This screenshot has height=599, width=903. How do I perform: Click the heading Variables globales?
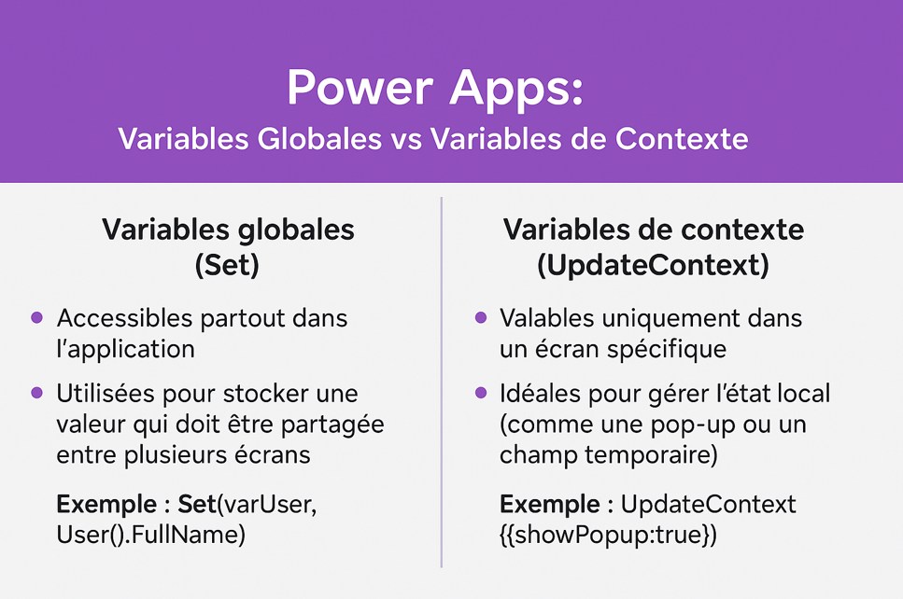[x=228, y=229]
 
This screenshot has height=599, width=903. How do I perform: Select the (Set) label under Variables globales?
[x=228, y=265]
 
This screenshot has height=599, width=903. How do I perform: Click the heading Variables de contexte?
[x=653, y=229]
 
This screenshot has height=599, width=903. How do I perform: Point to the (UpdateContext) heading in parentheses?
[x=653, y=265]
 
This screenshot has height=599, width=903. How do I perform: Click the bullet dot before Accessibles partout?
[x=36, y=317]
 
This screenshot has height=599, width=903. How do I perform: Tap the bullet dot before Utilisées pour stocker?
[x=36, y=393]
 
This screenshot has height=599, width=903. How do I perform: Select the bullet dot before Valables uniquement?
[x=481, y=317]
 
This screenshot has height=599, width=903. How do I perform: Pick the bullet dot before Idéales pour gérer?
[x=481, y=393]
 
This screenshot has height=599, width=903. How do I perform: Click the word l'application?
[x=125, y=349]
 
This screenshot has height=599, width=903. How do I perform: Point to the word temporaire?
[x=651, y=455]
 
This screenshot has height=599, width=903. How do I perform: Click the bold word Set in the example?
[x=197, y=504]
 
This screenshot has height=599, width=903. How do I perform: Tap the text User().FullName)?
[x=151, y=535]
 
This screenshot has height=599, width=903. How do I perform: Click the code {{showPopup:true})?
[x=609, y=535]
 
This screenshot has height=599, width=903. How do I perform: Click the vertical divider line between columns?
[x=442, y=382]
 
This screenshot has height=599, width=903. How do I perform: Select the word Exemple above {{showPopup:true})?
[x=550, y=504]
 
